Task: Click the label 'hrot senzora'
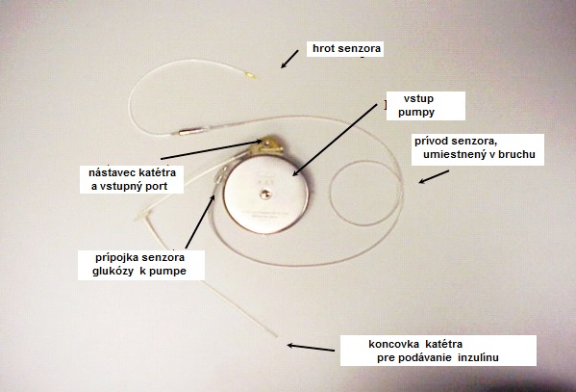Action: (x=346, y=48)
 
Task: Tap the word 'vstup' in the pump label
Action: (x=418, y=98)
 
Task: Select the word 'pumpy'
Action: (x=416, y=112)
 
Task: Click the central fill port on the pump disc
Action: (x=265, y=195)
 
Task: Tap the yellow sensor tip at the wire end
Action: (x=251, y=76)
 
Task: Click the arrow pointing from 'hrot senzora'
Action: (x=289, y=59)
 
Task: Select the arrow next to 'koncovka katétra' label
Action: (x=311, y=348)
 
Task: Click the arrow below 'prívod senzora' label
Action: (x=434, y=176)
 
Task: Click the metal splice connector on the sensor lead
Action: (x=190, y=131)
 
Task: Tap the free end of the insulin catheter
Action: (x=276, y=335)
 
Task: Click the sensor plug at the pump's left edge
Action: (x=221, y=174)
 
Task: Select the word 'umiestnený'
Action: (x=454, y=154)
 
